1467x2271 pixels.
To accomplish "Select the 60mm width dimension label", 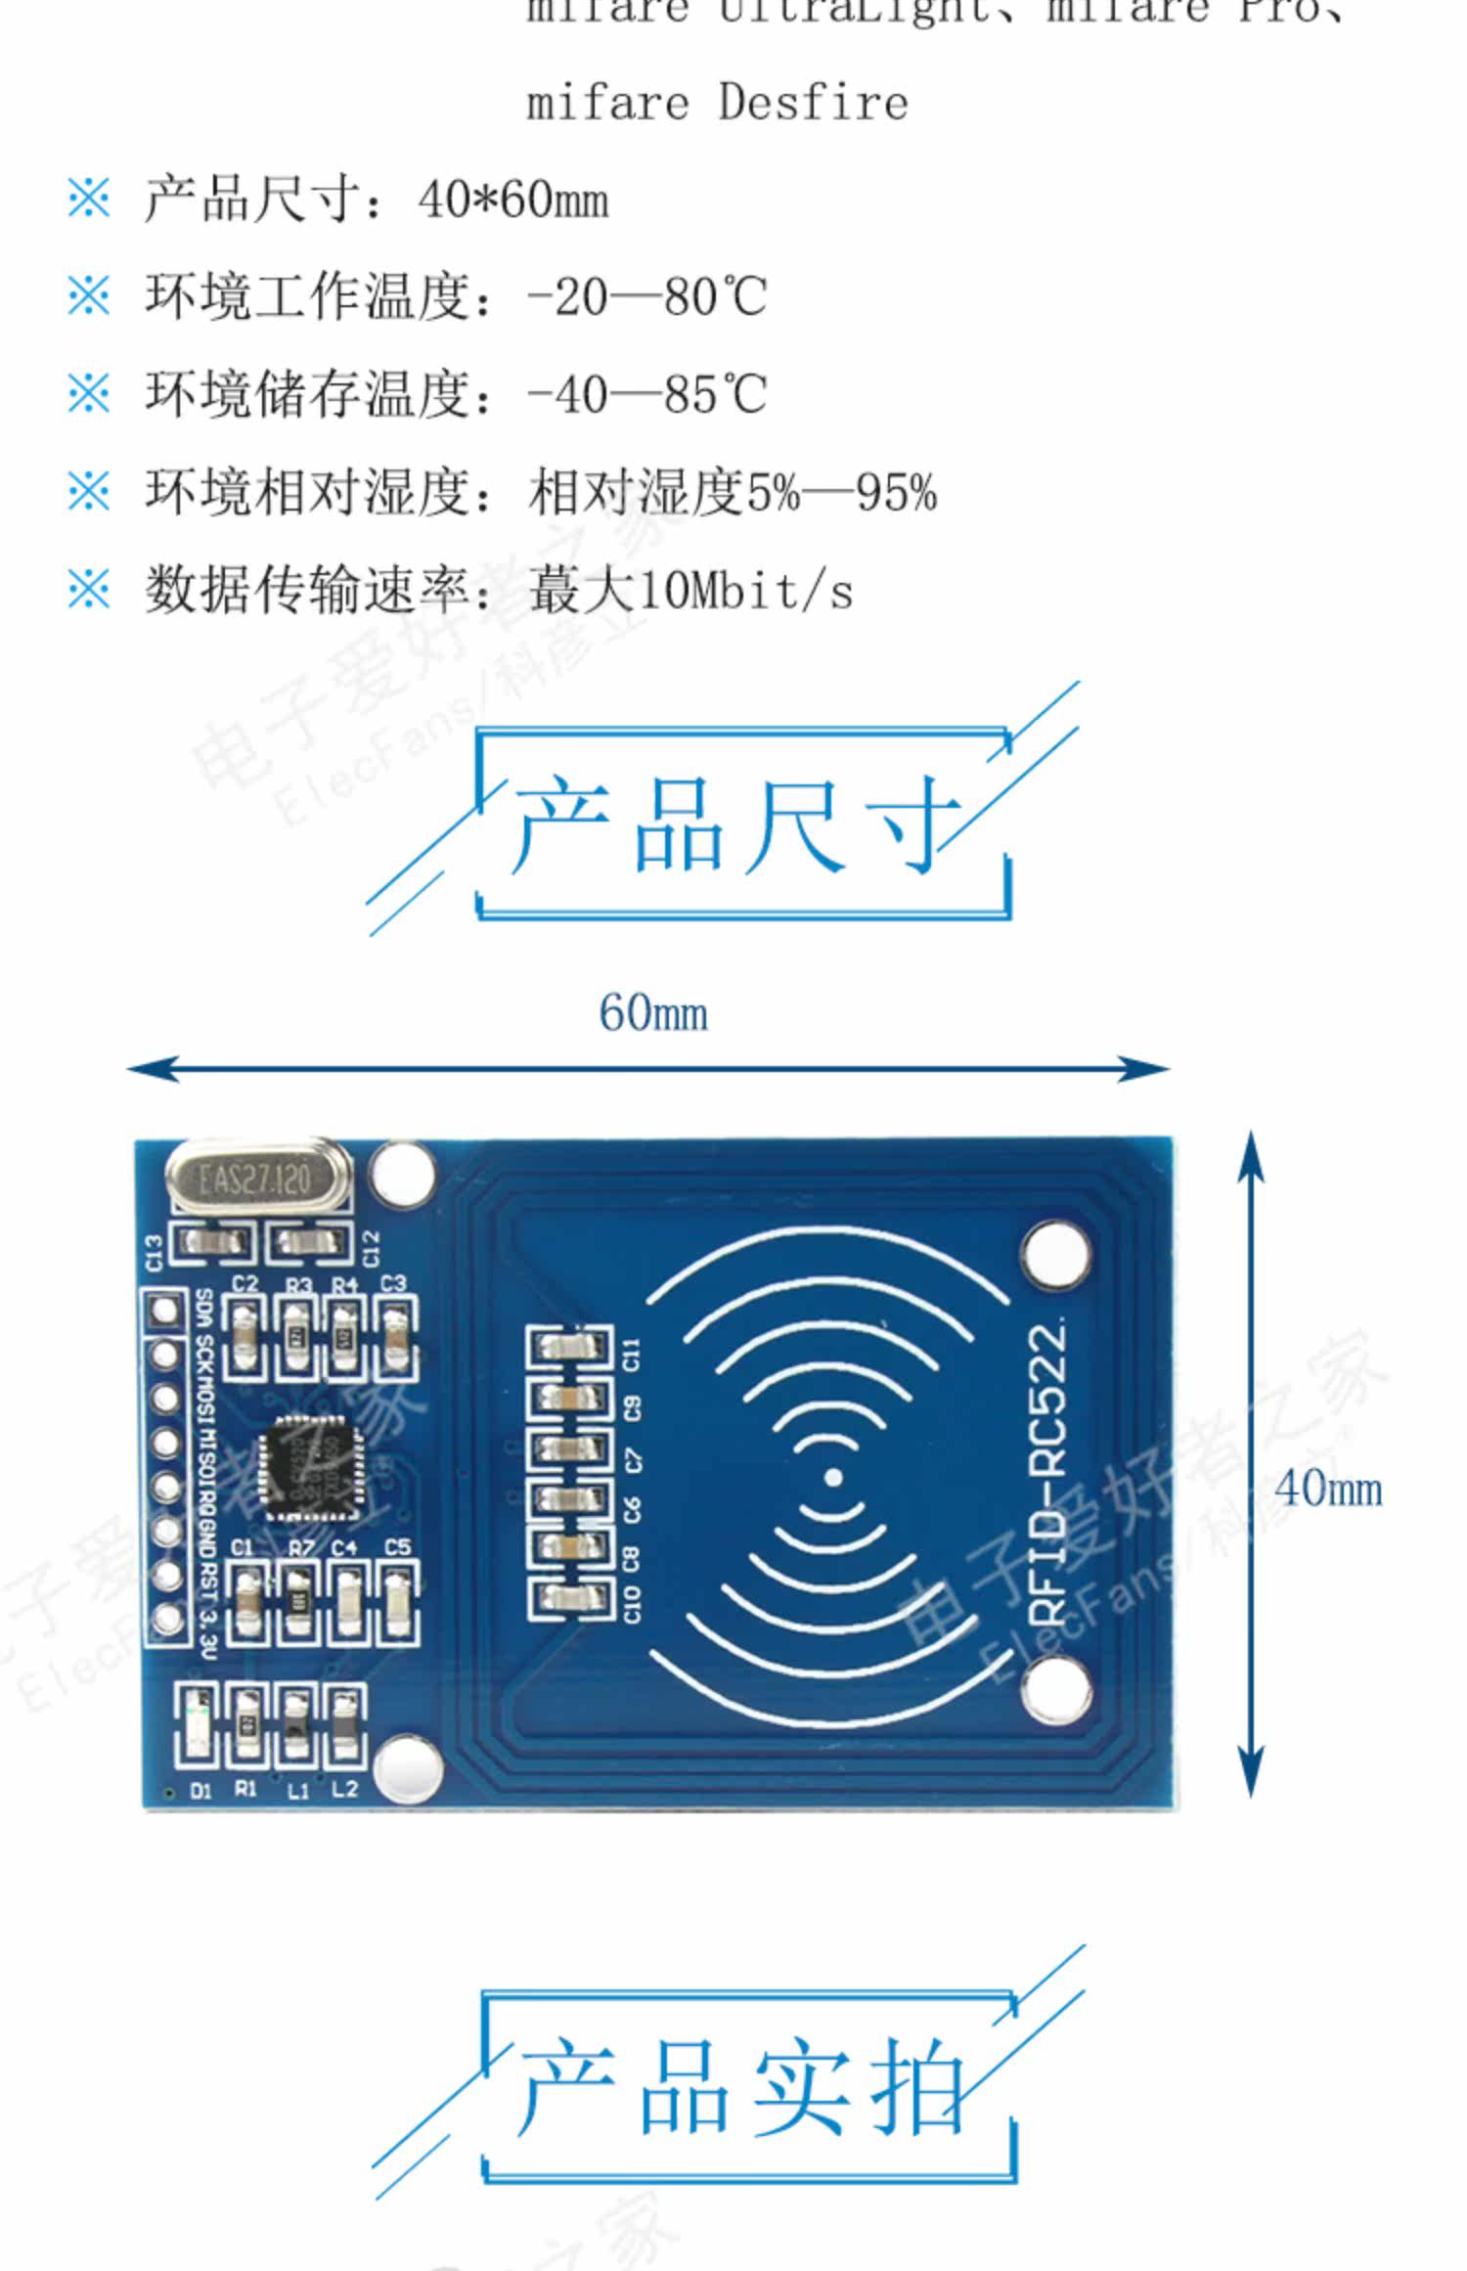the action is (x=653, y=1013).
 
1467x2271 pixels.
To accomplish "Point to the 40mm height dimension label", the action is (x=1328, y=1490).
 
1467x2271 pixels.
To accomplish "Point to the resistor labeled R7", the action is (x=298, y=1601).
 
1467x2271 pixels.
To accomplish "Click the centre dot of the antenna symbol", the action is (x=833, y=1477).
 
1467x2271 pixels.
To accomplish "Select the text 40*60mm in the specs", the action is (x=512, y=200).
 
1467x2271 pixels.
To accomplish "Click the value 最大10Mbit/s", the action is (x=690, y=591).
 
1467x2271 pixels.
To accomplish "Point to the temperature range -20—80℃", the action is (x=646, y=297).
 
